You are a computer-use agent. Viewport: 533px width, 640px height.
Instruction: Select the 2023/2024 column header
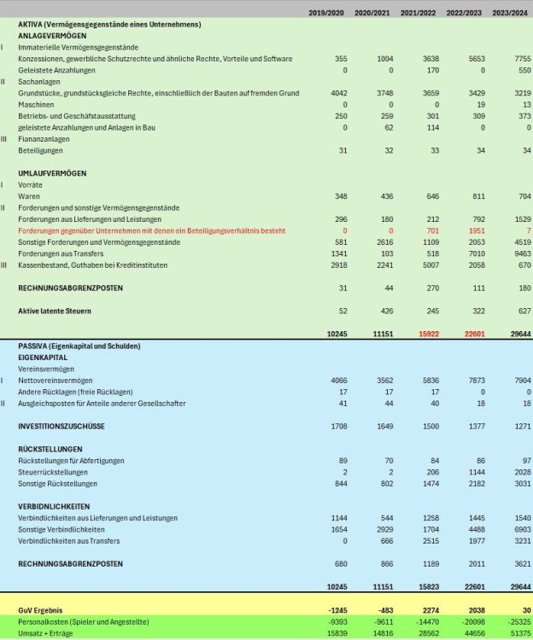512,13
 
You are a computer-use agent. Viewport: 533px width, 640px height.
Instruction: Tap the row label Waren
29,196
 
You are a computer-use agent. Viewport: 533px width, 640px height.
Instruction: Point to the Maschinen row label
35,103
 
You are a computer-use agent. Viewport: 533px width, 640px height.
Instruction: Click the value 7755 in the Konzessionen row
519,59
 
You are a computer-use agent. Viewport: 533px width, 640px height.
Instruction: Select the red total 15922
425,334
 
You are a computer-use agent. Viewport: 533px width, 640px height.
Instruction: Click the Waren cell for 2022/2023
472,196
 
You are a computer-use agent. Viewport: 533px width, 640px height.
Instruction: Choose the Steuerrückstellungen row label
53,472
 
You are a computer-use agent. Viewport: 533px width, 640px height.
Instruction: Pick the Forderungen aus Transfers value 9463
519,254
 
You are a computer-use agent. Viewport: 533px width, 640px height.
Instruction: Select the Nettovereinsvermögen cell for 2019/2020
336,380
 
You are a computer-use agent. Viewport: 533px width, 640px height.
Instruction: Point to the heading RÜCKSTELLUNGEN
50,449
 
